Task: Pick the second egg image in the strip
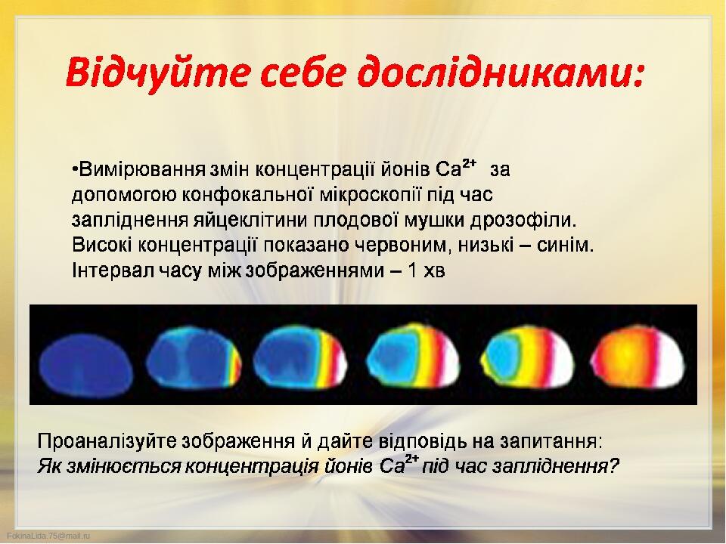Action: [194, 355]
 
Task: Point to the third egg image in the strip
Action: [300, 355]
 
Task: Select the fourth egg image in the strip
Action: [414, 355]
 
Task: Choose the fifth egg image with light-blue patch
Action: [527, 356]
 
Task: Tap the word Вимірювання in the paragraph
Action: [141, 170]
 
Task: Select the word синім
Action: [565, 245]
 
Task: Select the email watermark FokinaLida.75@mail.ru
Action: [48, 536]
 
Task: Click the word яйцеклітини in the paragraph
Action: [250, 220]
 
